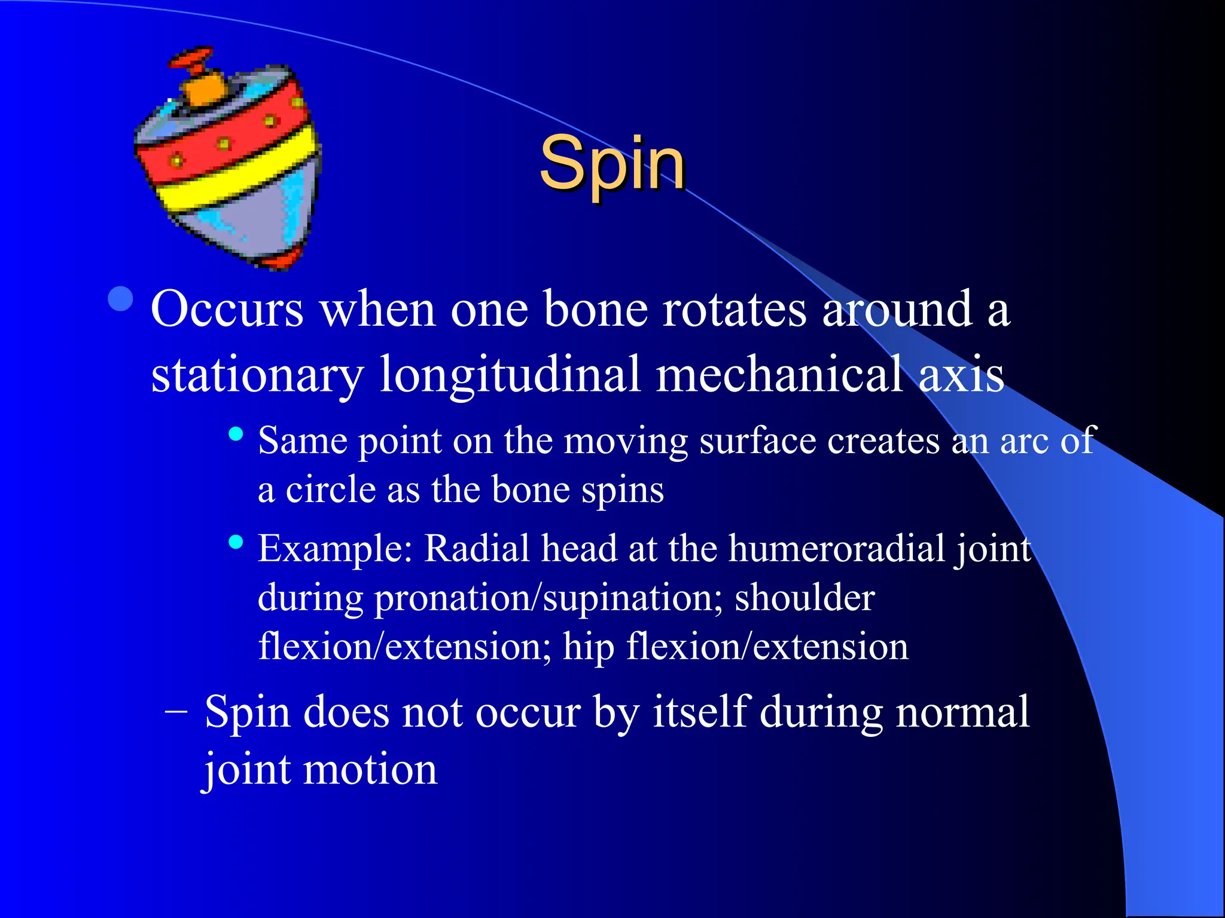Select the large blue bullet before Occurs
tap(121, 299)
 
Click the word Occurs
tap(227, 310)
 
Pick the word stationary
tap(257, 375)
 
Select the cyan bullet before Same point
tap(236, 434)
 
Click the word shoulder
tap(805, 598)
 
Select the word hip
tap(588, 647)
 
